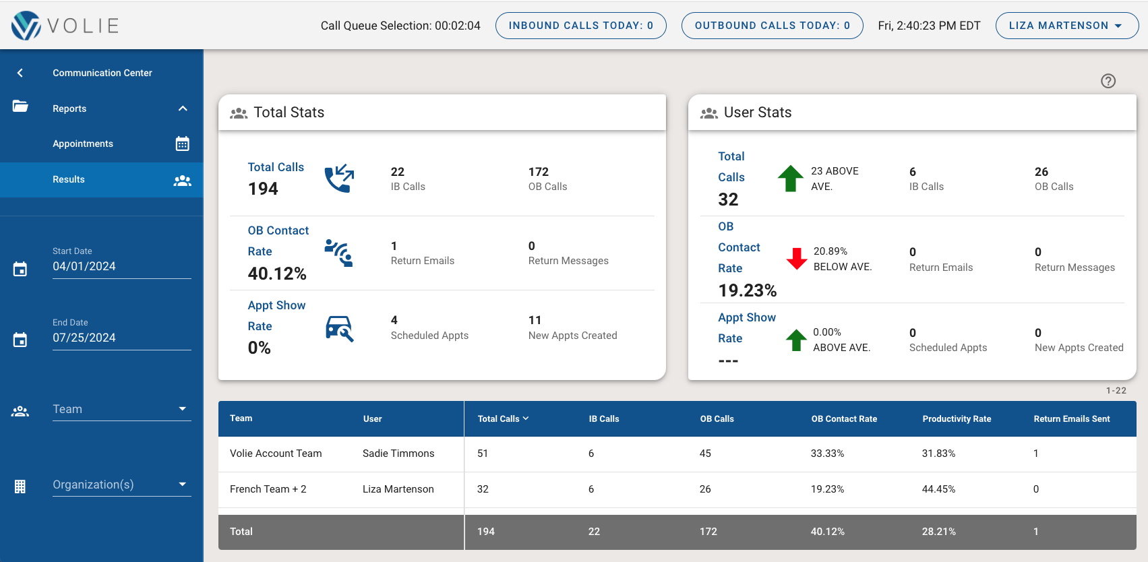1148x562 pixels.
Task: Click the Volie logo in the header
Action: click(65, 26)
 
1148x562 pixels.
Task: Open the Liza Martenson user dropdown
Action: click(1066, 26)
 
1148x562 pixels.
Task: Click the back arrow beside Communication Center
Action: click(20, 73)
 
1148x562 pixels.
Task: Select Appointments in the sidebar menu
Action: click(83, 144)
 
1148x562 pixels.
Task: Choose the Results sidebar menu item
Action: click(69, 179)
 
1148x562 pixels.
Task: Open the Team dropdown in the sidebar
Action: click(121, 409)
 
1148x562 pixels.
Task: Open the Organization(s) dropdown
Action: click(121, 485)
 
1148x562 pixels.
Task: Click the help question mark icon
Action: click(1108, 81)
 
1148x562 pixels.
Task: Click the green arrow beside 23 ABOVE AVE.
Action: click(790, 179)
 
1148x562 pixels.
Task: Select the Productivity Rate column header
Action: click(957, 419)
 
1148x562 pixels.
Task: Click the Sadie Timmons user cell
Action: click(398, 454)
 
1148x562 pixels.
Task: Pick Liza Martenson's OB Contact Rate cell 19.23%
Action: click(827, 489)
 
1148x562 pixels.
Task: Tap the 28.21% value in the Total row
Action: click(938, 532)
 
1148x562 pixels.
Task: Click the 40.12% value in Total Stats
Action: click(277, 274)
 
